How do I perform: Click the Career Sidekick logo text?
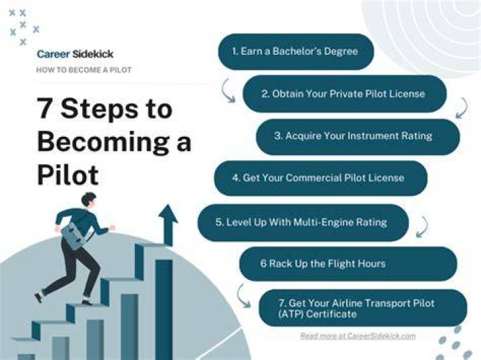coord(75,54)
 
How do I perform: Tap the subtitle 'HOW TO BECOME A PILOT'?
coord(84,70)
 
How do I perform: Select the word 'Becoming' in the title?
coord(102,143)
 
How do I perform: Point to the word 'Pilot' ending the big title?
coord(67,175)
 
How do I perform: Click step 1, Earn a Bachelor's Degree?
coord(296,51)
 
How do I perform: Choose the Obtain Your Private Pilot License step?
coord(345,94)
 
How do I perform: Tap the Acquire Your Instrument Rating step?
coord(357,136)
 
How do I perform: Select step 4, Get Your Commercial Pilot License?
coord(321,178)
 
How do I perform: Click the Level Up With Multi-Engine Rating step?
coord(303,222)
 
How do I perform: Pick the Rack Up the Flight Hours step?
coord(348,264)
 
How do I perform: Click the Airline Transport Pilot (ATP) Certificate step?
coord(363,308)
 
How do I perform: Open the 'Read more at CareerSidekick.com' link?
coord(357,336)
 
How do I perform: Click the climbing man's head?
coord(89,199)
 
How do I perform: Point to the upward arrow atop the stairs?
coord(168,225)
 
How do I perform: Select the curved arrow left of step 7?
coord(243,296)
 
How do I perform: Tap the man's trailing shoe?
coord(39,297)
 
